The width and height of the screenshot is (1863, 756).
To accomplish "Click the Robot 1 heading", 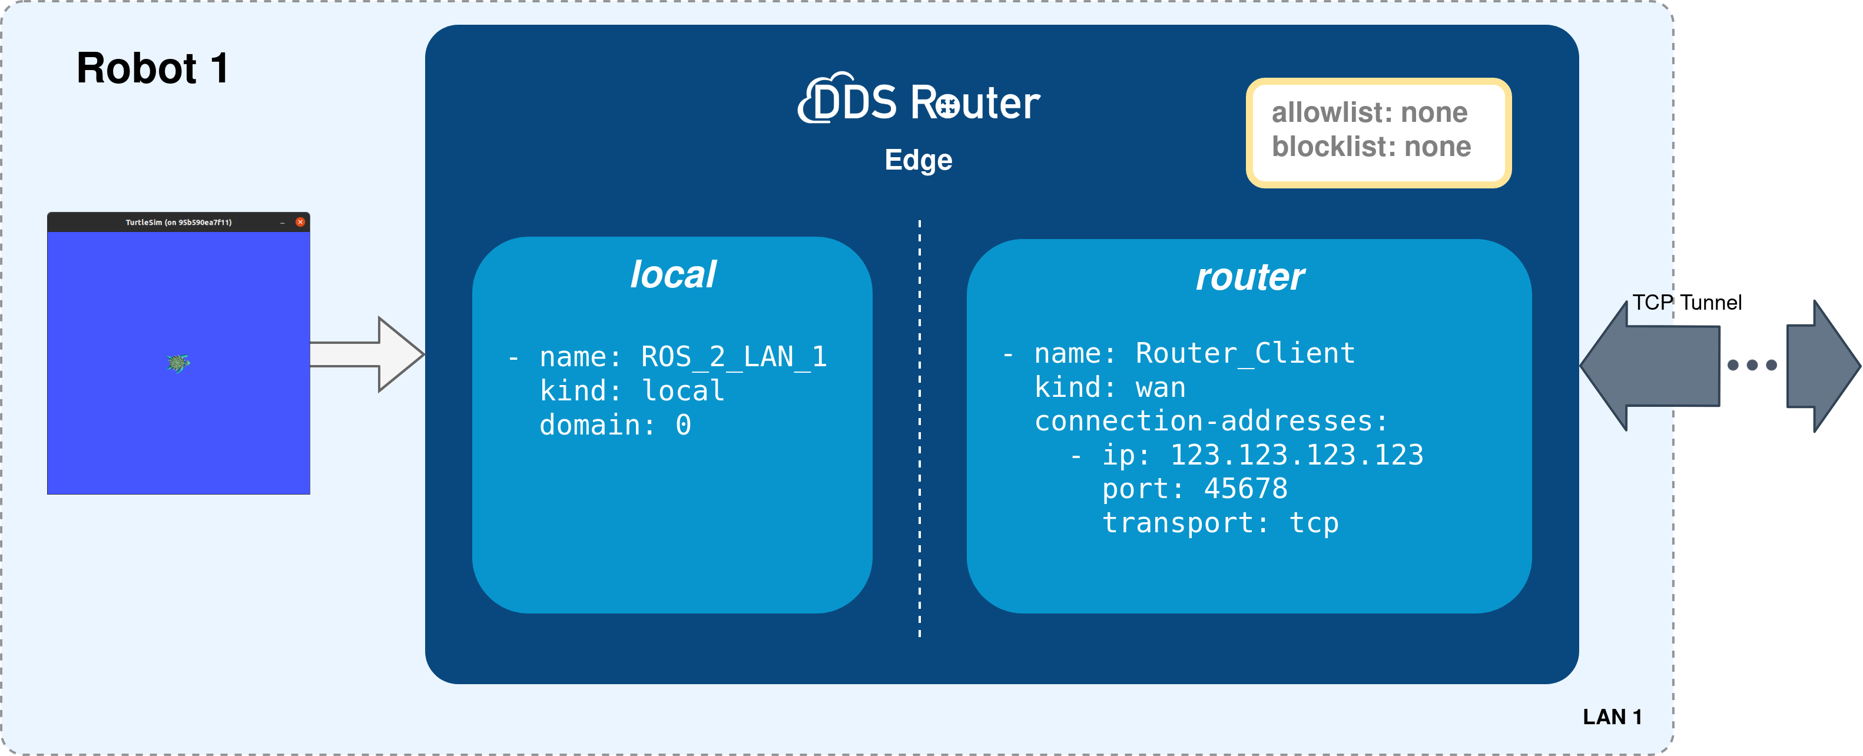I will click(153, 69).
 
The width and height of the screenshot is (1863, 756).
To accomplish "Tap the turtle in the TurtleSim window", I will click(178, 363).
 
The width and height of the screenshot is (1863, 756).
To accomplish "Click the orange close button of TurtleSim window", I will click(300, 222).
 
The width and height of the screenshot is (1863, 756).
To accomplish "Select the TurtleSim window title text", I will click(178, 223).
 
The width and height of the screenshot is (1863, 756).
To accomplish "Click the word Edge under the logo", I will click(918, 160).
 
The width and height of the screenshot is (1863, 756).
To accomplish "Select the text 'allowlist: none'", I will click(1369, 113).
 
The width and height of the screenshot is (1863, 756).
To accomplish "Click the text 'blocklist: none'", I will click(1371, 147).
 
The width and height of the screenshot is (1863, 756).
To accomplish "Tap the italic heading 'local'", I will click(672, 275).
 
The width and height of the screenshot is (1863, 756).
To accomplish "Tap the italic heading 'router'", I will click(1249, 277).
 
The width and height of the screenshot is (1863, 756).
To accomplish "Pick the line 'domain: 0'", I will click(615, 425).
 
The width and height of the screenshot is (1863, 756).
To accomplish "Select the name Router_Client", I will click(1245, 353).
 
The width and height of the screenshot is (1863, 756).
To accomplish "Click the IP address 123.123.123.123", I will click(1296, 455).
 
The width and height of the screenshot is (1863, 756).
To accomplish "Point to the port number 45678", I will click(1245, 489).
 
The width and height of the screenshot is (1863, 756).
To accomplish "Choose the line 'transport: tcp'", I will click(1220, 523).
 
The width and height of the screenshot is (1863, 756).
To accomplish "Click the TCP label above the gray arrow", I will click(1652, 303).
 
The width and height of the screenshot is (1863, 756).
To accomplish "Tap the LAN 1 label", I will click(1612, 717).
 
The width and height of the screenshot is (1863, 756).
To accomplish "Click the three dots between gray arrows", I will click(1752, 365).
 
